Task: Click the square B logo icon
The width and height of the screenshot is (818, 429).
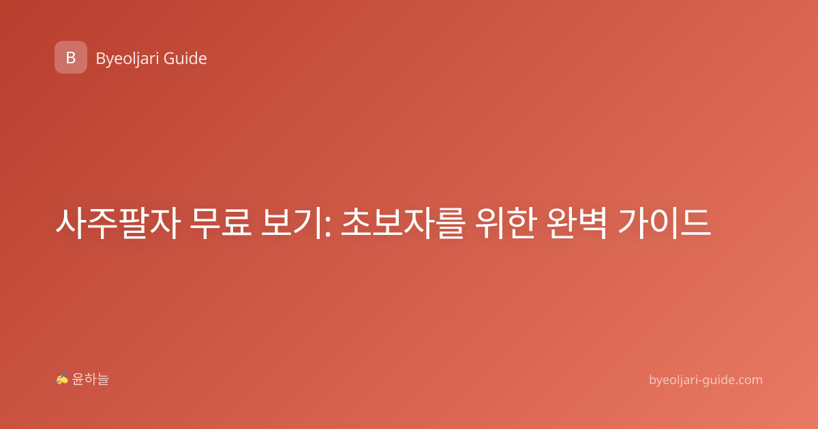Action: click(71, 57)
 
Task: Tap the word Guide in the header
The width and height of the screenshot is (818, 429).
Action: click(185, 59)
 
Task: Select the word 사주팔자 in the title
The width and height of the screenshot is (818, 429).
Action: click(118, 223)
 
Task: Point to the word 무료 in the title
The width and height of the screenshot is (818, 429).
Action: click(221, 223)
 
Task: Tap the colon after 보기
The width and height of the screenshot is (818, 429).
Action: click(327, 227)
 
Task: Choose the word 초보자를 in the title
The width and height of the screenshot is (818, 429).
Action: click(403, 223)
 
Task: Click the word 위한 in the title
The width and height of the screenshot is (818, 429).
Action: click(506, 223)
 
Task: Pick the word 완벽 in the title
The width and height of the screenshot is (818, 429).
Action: click(577, 223)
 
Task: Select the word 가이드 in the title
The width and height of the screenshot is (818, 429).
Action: click(664, 223)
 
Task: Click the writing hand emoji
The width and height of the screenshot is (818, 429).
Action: click(62, 379)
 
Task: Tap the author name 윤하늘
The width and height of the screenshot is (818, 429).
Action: click(90, 379)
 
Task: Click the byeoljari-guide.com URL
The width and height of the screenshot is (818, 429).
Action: click(706, 380)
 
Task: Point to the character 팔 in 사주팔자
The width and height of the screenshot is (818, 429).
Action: click(134, 223)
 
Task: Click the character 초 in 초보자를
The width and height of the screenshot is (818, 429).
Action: click(356, 223)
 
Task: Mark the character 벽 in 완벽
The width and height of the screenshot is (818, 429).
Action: click(592, 223)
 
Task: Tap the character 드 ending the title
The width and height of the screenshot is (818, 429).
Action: click(697, 223)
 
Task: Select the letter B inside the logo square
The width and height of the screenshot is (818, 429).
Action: click(71, 58)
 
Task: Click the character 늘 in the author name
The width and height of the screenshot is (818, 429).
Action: click(103, 379)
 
